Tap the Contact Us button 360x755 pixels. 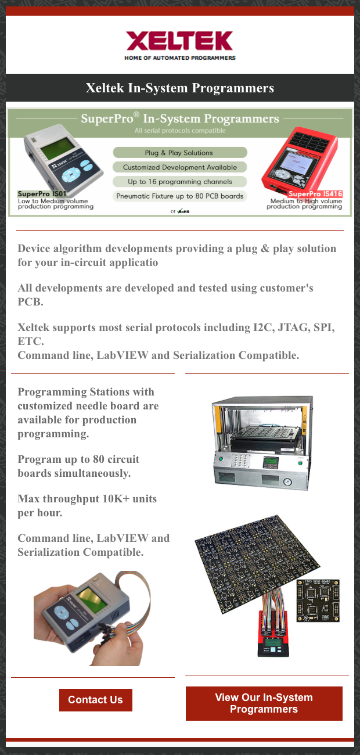pos(95,700)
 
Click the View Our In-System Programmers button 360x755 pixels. pos(264,703)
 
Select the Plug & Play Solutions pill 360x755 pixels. pos(179,153)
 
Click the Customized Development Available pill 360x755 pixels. pos(179,167)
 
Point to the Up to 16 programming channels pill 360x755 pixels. pos(179,182)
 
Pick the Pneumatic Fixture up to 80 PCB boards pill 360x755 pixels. pos(179,196)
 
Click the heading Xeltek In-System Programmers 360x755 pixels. pos(179,88)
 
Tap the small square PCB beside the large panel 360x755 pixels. pos(318,601)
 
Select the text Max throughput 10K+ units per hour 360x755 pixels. pos(87,506)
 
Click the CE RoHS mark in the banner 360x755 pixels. pos(179,211)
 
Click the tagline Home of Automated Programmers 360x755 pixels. pos(179,58)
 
